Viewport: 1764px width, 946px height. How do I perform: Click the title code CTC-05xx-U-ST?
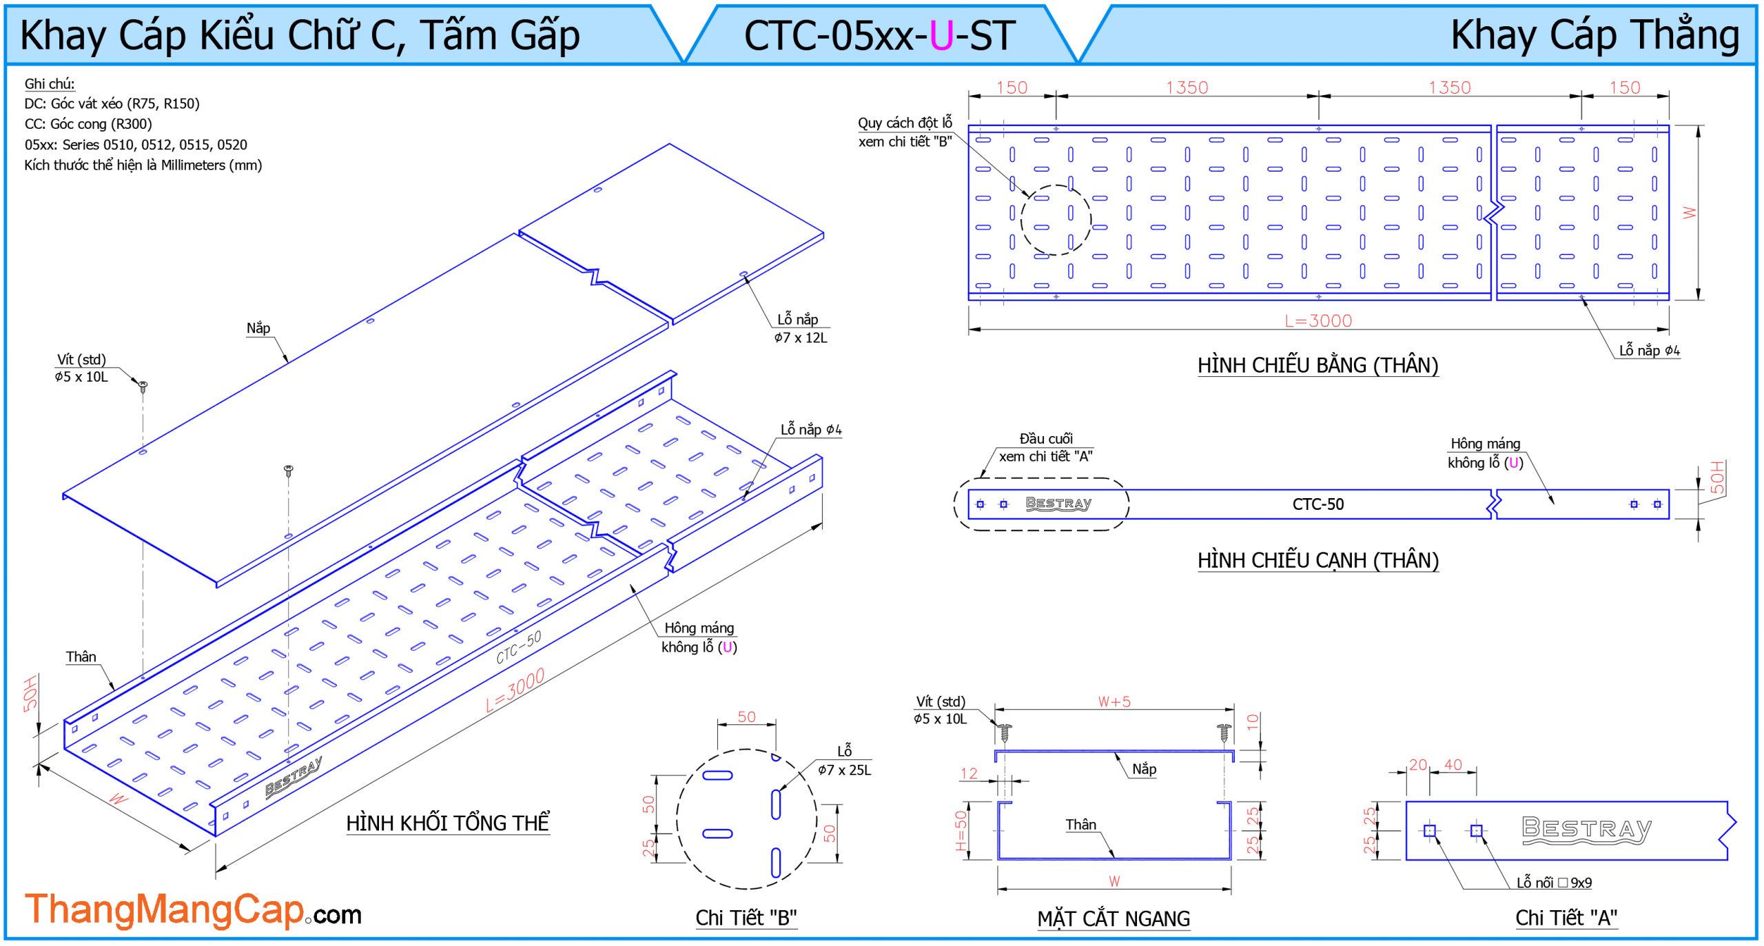[x=879, y=36]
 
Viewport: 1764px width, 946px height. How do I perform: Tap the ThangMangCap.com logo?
[x=193, y=910]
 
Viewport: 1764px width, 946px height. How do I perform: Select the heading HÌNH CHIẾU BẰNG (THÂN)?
[x=1317, y=365]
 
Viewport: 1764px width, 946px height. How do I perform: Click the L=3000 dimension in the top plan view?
[x=1317, y=321]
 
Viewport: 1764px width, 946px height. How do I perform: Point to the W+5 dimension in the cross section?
[x=1114, y=702]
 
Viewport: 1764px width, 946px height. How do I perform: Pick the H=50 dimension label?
[x=962, y=830]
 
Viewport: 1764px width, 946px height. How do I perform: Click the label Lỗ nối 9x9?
[x=1554, y=883]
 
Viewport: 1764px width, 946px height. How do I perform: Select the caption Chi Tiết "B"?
[x=746, y=918]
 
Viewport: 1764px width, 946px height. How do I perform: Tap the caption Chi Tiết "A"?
[x=1566, y=918]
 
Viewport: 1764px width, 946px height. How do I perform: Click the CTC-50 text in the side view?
[x=1317, y=504]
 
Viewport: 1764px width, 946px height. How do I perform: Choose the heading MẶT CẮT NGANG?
[x=1114, y=918]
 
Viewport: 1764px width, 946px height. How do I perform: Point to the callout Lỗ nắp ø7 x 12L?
[x=799, y=329]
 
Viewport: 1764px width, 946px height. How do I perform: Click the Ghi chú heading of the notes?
[x=50, y=84]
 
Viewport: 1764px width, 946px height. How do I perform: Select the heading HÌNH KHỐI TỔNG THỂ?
[x=447, y=823]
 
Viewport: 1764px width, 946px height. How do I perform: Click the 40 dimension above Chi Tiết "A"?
[x=1453, y=765]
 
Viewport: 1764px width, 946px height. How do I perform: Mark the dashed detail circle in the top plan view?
[x=1056, y=220]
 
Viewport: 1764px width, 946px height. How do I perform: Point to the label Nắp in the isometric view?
[x=258, y=329]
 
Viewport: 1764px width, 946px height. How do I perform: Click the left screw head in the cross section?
[x=1005, y=729]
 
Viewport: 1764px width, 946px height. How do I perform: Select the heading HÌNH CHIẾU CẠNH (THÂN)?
[x=1317, y=560]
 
